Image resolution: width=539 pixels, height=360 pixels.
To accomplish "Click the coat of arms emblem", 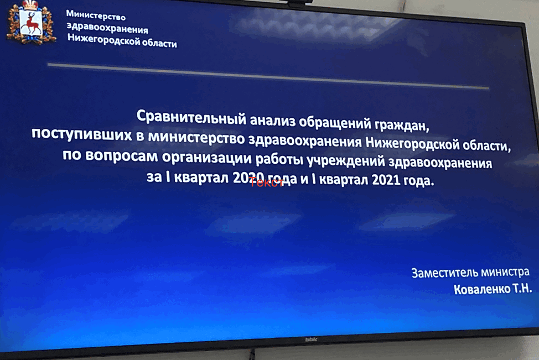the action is click(32, 23).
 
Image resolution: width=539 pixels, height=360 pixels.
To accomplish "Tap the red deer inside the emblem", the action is click(32, 24).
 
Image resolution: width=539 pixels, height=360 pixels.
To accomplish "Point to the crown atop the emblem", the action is click(30, 5).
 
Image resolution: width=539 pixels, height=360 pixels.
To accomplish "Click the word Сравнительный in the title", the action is click(191, 117).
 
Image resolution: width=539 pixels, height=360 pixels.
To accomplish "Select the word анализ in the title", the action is click(272, 121).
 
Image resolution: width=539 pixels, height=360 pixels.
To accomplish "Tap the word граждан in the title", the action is click(402, 126).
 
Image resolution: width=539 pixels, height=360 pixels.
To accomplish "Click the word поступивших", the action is click(82, 134).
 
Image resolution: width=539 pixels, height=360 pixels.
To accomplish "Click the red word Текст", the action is click(267, 182).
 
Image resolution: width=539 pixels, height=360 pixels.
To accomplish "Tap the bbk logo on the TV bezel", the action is click(311, 340).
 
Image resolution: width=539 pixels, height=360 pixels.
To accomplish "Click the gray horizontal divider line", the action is click(268, 76).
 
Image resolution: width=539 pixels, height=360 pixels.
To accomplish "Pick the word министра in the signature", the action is click(505, 273).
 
